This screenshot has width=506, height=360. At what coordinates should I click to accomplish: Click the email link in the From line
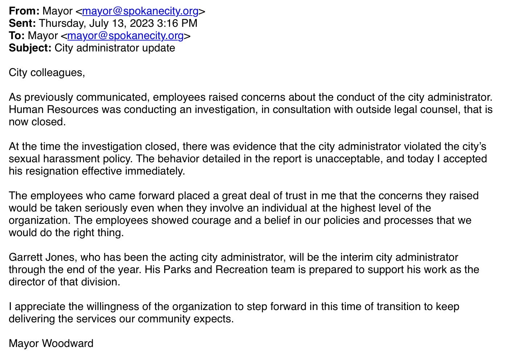tap(140, 11)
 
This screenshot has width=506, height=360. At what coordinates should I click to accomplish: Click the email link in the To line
tap(125, 36)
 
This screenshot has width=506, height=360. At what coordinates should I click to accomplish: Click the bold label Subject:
tap(30, 48)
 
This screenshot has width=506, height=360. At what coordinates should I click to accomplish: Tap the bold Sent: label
tap(22, 24)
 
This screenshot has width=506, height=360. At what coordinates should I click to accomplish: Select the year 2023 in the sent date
tap(142, 24)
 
